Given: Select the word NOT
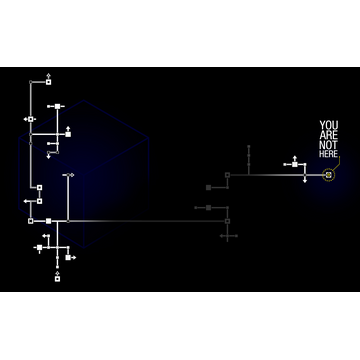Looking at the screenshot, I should pos(328,145).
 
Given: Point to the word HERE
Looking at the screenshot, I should pos(328,154).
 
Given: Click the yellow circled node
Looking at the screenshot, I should pos(328,175).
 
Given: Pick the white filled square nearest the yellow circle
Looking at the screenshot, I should pos(295,164).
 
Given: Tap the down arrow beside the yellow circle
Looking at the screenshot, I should pos(305,180).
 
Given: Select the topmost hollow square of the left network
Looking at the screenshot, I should pos(48,81).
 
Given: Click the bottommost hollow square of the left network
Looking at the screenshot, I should pos(57,278).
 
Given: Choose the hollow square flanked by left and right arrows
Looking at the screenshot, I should pos(31,119).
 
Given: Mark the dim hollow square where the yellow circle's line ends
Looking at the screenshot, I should pos(227,175).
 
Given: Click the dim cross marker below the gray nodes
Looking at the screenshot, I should pos(228,237).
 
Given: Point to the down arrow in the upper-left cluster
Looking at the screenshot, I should pos(48,155).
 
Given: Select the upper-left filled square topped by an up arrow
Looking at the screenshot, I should pos(68,133).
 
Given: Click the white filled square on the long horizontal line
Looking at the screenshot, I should pos(48,220).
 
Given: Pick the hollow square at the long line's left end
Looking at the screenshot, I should pos(30,220).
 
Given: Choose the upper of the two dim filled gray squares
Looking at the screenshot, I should pos(208,187).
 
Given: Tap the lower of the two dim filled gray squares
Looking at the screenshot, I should pos(208,208).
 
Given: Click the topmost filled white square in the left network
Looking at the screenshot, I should pos(58,106).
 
